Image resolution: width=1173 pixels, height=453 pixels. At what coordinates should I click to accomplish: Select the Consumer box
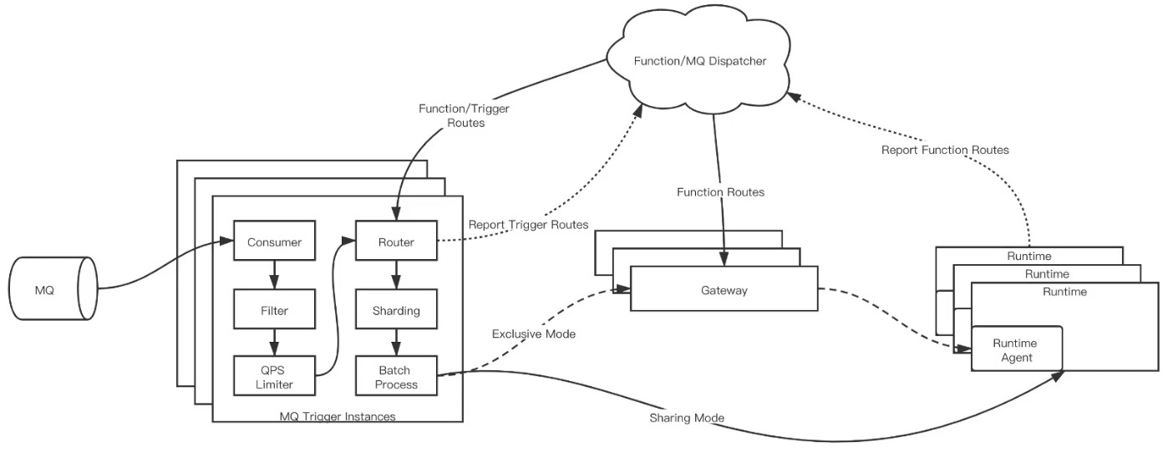pyautogui.click(x=274, y=242)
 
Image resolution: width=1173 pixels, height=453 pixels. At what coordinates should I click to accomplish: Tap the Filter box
pyautogui.click(x=274, y=310)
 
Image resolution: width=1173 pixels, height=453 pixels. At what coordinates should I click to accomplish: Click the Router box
pyautogui.click(x=396, y=242)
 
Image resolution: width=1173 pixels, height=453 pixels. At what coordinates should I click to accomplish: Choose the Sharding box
pyautogui.click(x=396, y=310)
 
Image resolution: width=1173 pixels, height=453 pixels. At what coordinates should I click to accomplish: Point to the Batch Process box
pyautogui.click(x=396, y=376)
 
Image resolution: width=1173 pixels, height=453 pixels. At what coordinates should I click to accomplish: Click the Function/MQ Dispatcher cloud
pyautogui.click(x=699, y=61)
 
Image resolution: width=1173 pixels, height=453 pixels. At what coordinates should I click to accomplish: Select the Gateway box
pyautogui.click(x=724, y=290)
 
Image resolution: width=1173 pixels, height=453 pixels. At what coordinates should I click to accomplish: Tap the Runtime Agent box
pyautogui.click(x=1015, y=349)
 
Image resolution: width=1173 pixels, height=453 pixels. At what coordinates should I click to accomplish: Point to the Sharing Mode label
pyautogui.click(x=686, y=417)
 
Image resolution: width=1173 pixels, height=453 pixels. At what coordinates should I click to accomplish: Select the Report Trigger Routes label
pyautogui.click(x=528, y=225)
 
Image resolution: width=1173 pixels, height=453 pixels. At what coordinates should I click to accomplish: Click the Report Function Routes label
pyautogui.click(x=945, y=150)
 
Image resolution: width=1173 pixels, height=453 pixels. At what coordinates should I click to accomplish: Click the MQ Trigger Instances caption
pyautogui.click(x=338, y=415)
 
